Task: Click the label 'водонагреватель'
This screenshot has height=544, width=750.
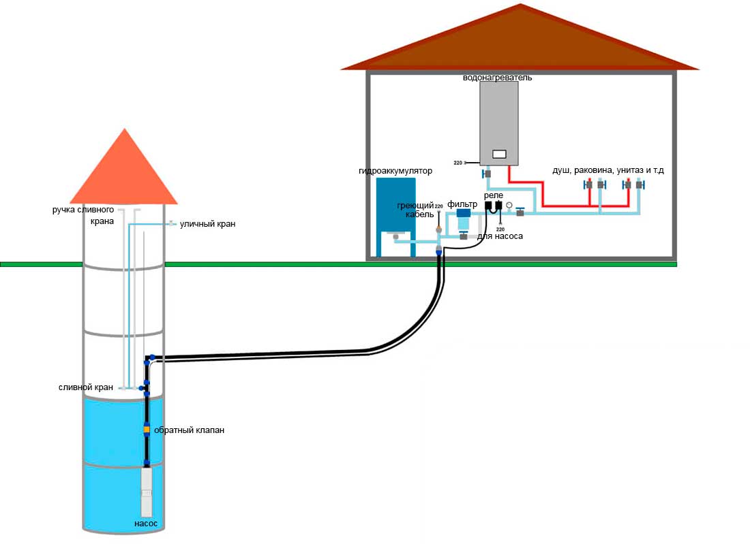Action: (497, 78)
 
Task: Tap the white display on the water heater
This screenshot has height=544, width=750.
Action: (499, 154)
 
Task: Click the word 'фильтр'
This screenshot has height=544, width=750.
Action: (462, 204)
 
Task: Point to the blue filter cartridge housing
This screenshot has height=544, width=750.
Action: (463, 219)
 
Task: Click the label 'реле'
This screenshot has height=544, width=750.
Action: (493, 195)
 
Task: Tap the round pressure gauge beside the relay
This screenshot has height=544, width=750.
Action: (509, 206)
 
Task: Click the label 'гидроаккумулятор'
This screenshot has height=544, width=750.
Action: (395, 170)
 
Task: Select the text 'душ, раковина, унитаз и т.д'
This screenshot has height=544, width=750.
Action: (608, 170)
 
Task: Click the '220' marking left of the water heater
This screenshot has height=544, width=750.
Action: (457, 163)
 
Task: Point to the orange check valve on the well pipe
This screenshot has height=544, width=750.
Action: (147, 430)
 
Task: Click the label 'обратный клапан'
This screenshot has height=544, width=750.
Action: (189, 430)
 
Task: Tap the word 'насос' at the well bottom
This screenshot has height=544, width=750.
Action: (146, 524)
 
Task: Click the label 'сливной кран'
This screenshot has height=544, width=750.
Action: (86, 387)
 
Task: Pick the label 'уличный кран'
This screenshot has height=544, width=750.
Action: (207, 223)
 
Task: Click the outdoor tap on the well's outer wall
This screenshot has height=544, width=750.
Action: (171, 223)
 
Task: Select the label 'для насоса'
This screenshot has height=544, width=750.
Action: (500, 236)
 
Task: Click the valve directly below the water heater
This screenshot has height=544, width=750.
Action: (487, 174)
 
